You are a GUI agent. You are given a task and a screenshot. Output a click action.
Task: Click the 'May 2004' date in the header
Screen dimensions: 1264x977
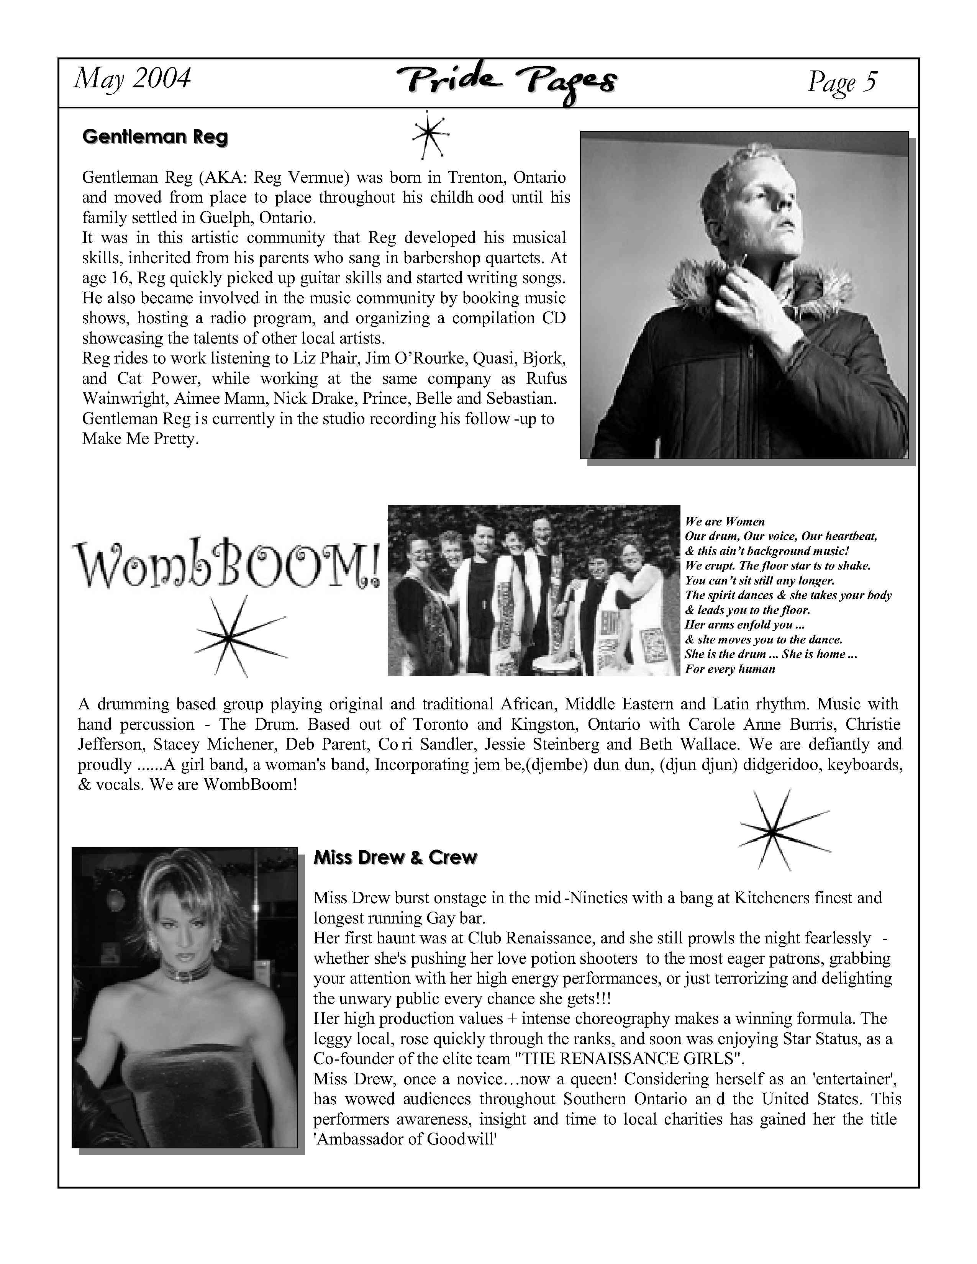(x=132, y=79)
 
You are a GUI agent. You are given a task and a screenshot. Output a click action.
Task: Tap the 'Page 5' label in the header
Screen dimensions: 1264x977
(x=842, y=82)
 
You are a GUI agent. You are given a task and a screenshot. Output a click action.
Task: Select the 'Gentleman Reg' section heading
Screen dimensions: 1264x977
(x=155, y=137)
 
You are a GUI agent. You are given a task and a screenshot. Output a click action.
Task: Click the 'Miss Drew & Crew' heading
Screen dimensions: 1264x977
(x=395, y=857)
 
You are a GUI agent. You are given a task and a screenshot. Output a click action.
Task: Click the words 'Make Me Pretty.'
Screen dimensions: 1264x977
(x=141, y=439)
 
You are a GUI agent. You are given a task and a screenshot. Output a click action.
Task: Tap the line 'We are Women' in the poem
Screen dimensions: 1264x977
(x=725, y=521)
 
